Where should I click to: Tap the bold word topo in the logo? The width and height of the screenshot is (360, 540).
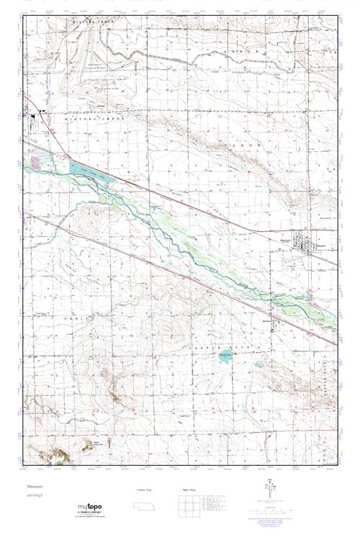click(95, 506)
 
